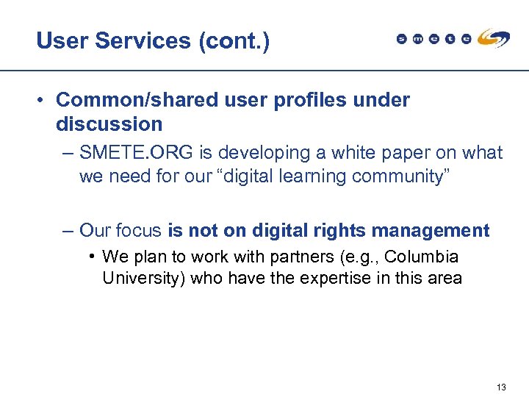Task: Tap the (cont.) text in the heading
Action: [x=234, y=40]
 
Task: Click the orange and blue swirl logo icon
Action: [x=493, y=38]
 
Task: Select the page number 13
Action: [x=502, y=387]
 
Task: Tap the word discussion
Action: [x=109, y=124]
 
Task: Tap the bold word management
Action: [x=431, y=230]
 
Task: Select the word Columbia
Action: [x=422, y=257]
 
